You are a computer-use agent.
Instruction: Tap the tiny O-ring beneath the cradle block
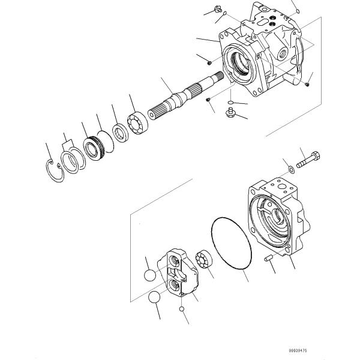click(x=181, y=309)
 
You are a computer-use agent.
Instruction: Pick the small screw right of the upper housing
click(x=307, y=84)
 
